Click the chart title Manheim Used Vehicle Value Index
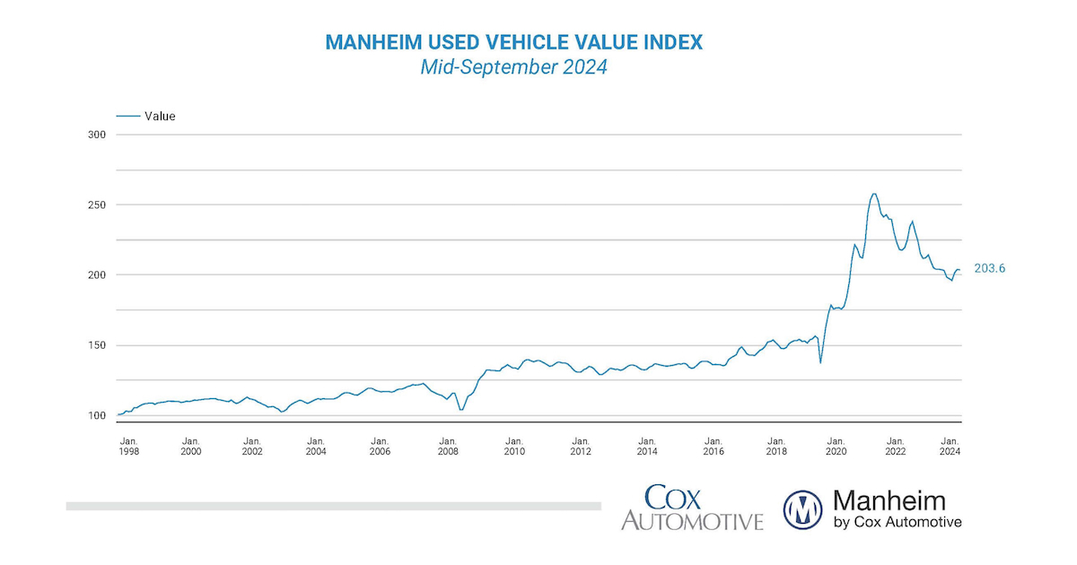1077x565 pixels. click(514, 42)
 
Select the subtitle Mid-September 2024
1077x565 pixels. click(514, 67)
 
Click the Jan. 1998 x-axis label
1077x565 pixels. click(129, 447)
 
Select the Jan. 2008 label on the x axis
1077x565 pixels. click(447, 447)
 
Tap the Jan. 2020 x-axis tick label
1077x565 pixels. click(836, 447)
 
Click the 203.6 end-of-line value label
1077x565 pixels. click(990, 268)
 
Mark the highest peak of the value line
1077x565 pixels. click(873, 194)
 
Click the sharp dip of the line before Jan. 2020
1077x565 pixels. click(820, 362)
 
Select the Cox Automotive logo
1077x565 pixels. click(692, 508)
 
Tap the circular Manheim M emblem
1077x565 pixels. click(804, 509)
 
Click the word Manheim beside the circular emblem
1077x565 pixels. click(889, 500)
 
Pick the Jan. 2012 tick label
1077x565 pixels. click(581, 447)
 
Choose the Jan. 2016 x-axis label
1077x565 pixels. click(714, 447)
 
